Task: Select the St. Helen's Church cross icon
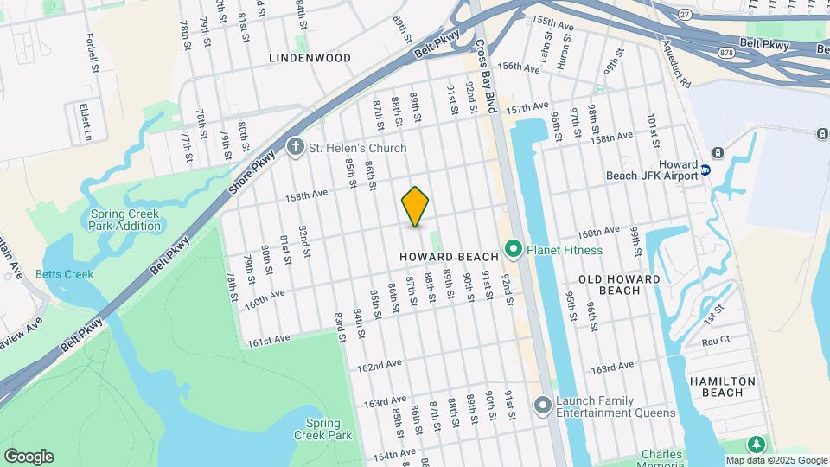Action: (x=296, y=148)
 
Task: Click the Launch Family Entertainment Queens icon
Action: (x=543, y=405)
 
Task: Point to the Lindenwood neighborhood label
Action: (x=310, y=58)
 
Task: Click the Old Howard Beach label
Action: (x=620, y=285)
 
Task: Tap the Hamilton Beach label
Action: (x=722, y=387)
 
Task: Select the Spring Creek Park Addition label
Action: (x=124, y=220)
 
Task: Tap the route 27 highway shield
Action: (x=685, y=14)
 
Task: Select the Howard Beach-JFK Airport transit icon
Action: (x=705, y=170)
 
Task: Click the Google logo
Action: (x=29, y=457)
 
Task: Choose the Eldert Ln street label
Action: (x=86, y=122)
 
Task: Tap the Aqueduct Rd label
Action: (x=676, y=64)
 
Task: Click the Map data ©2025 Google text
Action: (x=776, y=460)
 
